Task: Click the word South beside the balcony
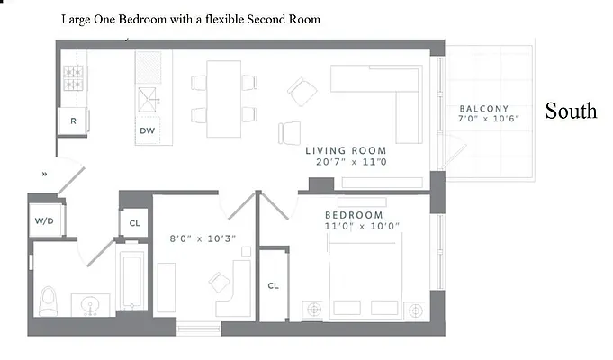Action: pos(571,111)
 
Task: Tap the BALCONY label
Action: pos(483,108)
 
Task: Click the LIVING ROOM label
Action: pos(346,151)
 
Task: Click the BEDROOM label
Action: pos(354,216)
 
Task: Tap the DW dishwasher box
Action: pos(148,130)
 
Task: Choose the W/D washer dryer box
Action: pos(43,220)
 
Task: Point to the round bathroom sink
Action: pos(89,302)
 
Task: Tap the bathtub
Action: pos(131,280)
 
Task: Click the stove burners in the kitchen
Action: pos(73,77)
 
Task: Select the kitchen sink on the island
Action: pos(147,96)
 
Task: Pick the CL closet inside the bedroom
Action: pos(273,285)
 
